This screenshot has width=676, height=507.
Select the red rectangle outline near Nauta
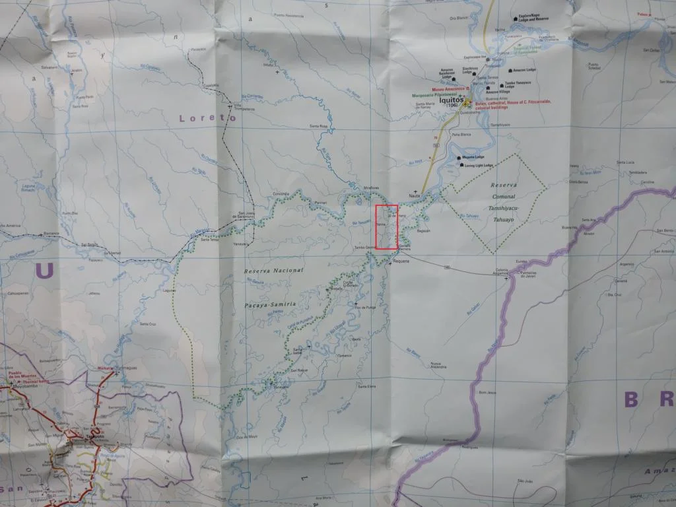(x=386, y=227)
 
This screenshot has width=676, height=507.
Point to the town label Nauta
(x=415, y=195)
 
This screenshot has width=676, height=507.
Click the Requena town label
(x=401, y=261)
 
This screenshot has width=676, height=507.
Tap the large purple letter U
(x=45, y=271)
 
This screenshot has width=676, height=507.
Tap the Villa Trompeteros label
(x=245, y=108)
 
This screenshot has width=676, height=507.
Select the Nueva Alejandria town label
(x=438, y=366)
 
